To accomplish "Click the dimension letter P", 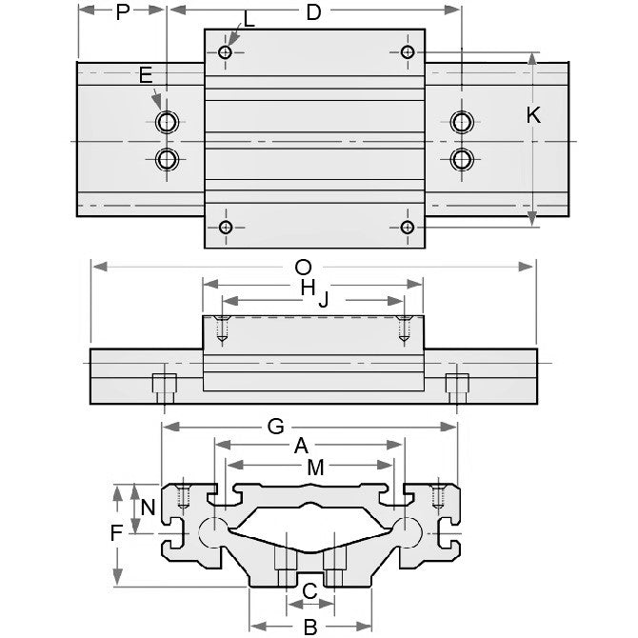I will [x=122, y=12].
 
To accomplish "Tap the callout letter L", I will [x=249, y=19].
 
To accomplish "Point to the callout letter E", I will [x=145, y=74].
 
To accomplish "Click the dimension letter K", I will [x=533, y=115].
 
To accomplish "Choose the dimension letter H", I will [x=307, y=286].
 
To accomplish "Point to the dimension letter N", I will [x=147, y=508].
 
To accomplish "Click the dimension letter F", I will [x=116, y=533].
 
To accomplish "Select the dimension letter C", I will [x=309, y=591].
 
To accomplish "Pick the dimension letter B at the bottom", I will [x=309, y=627].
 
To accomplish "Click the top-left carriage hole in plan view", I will [x=226, y=51].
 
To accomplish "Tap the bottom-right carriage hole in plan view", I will [x=407, y=227].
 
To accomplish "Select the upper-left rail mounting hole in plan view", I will [x=168, y=121].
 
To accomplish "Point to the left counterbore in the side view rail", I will [x=165, y=385].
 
